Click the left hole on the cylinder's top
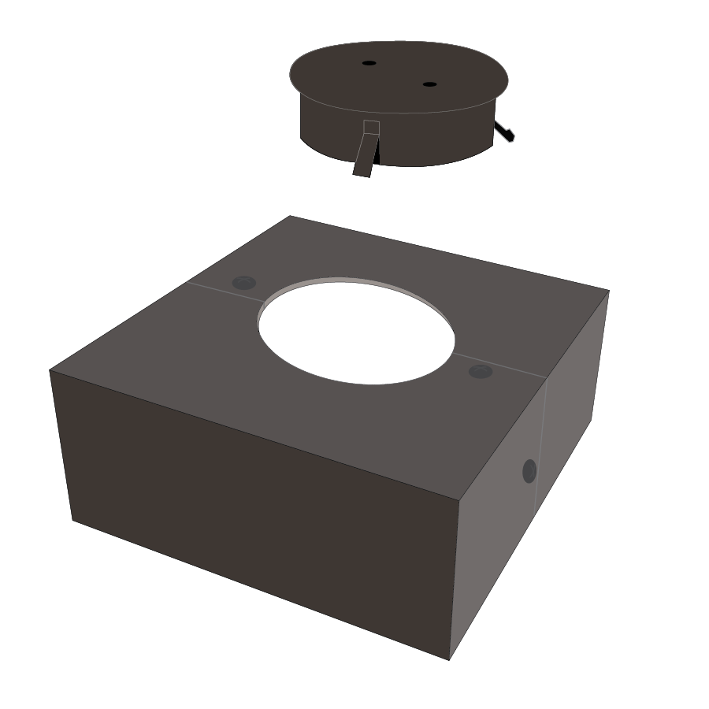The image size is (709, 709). [x=369, y=62]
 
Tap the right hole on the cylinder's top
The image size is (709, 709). [x=429, y=84]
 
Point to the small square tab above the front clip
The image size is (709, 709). [x=371, y=128]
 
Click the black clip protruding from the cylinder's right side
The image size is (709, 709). [x=504, y=131]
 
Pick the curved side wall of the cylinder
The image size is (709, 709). [x=433, y=138]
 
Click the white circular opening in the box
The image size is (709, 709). [x=356, y=331]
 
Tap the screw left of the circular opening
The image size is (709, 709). [x=244, y=283]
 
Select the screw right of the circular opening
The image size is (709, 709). [x=481, y=371]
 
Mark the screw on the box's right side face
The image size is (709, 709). [x=529, y=471]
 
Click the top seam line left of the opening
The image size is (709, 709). [x=225, y=289]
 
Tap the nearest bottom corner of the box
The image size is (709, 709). [x=449, y=659]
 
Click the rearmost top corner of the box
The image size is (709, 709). [x=291, y=216]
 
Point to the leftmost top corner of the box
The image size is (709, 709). [x=50, y=369]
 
